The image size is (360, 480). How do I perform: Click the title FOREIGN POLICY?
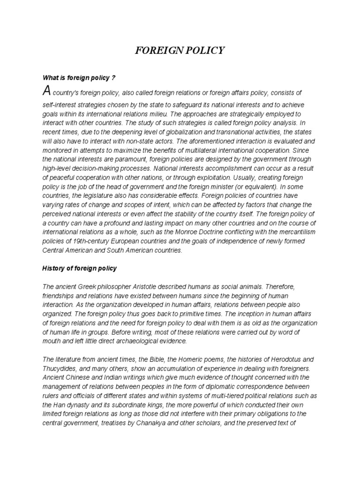(x=180, y=51)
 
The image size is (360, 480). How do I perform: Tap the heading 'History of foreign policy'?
(x=79, y=269)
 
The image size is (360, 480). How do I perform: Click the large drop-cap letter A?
(x=46, y=91)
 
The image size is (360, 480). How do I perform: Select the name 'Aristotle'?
(x=150, y=286)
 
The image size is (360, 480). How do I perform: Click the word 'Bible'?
(x=150, y=359)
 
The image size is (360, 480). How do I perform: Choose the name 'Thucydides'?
(x=62, y=368)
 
